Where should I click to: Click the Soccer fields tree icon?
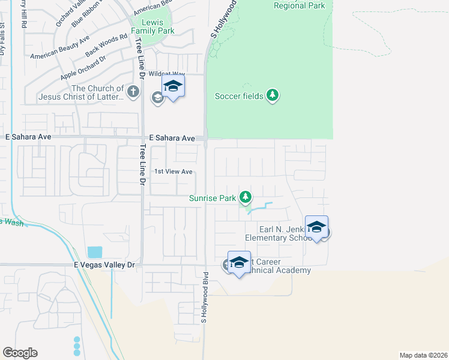point(273,95)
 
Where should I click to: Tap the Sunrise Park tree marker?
point(245,197)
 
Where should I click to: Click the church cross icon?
point(133,92)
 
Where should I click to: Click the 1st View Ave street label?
point(173,172)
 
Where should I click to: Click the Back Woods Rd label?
point(106,45)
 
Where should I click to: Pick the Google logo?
point(20,353)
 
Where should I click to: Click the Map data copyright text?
point(423,355)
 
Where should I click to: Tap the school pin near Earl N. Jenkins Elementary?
point(316,227)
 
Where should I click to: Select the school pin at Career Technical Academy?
point(239,262)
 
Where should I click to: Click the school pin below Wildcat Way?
point(173,86)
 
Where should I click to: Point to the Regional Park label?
point(299,5)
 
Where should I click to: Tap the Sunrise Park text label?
point(212,197)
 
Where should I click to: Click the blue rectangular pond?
point(95,252)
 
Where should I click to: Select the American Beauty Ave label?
point(59,47)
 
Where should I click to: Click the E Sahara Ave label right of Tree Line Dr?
point(172,138)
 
